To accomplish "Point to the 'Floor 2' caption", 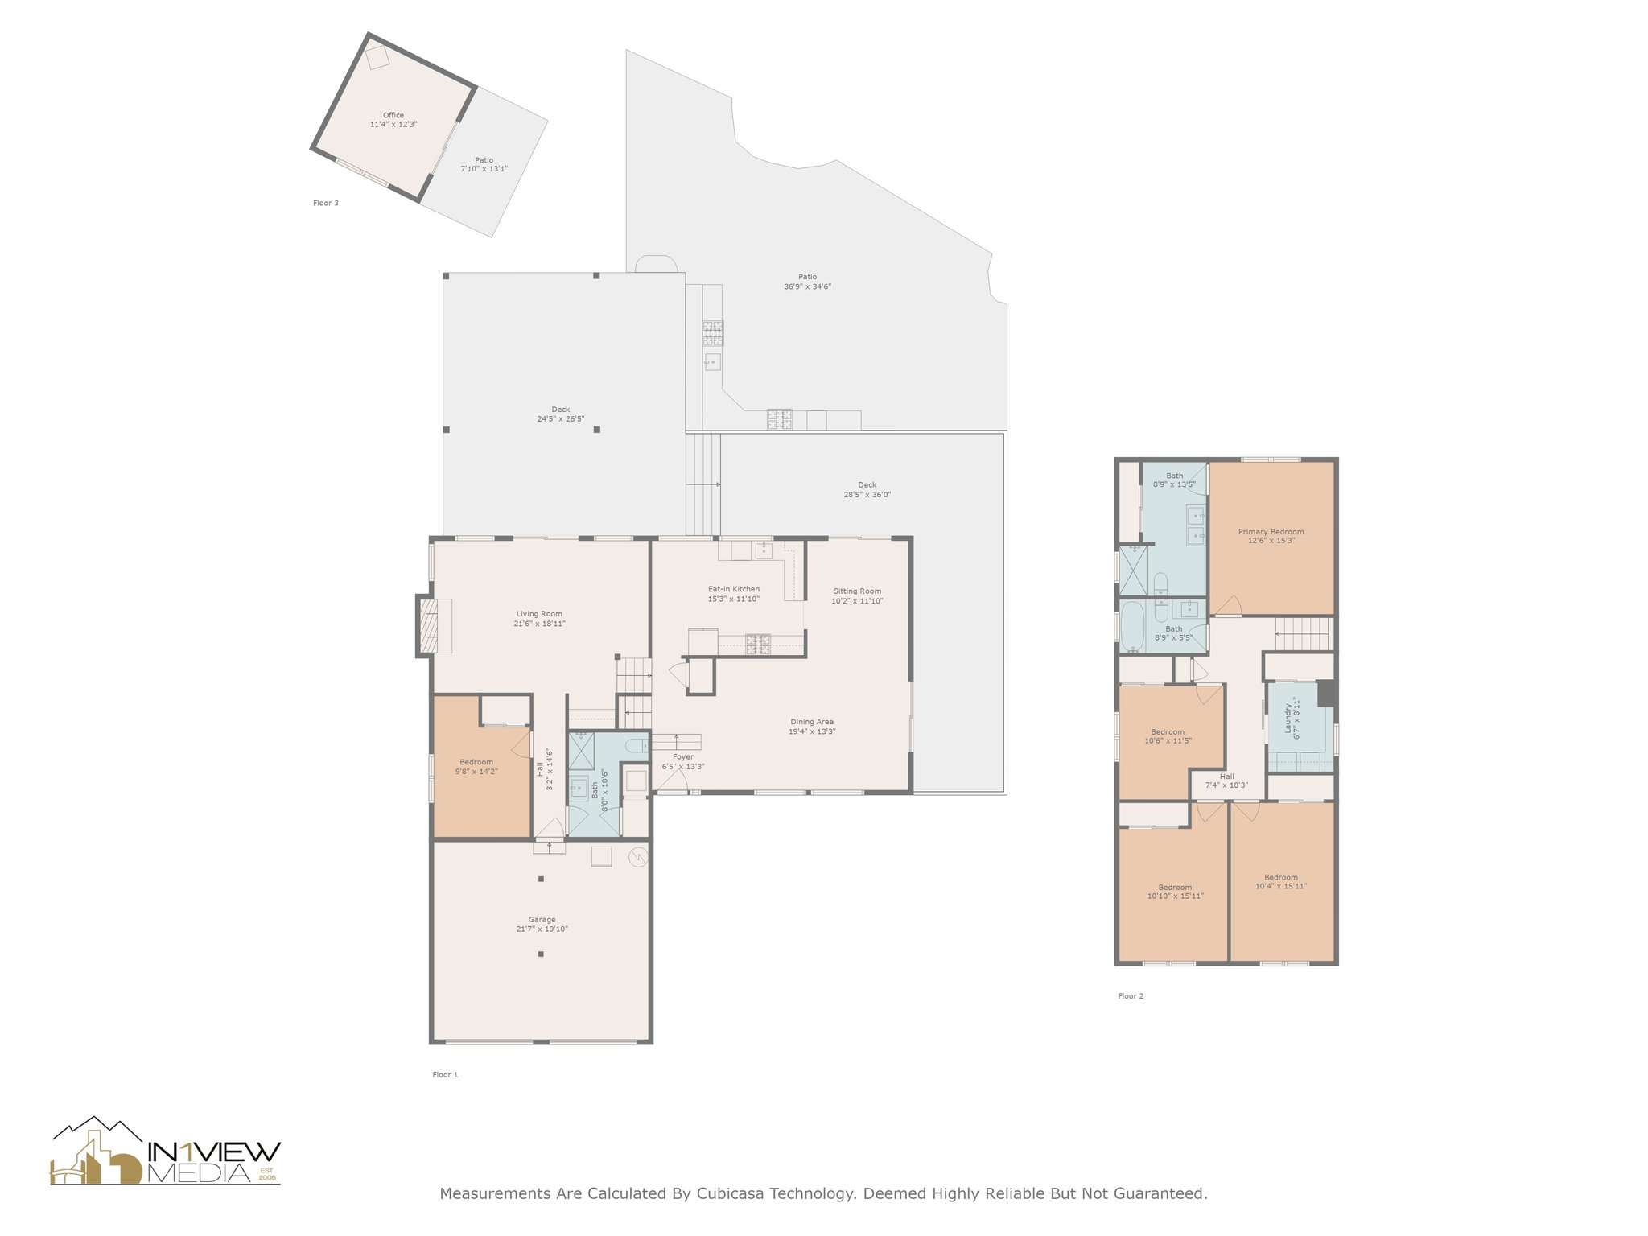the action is point(1131,996).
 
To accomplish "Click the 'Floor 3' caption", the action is point(326,203).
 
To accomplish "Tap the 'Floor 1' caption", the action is point(445,1074).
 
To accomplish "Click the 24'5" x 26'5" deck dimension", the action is point(561,419).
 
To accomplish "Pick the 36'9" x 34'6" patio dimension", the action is point(808,286).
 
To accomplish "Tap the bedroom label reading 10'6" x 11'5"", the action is point(1168,741).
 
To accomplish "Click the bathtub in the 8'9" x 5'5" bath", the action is point(1132,626).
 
